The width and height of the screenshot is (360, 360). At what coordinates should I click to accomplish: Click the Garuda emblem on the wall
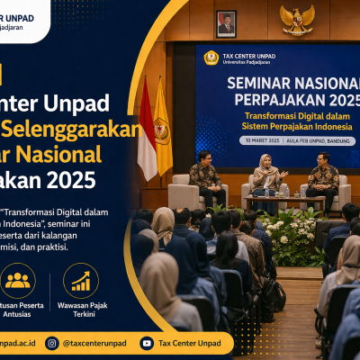(x=296, y=19)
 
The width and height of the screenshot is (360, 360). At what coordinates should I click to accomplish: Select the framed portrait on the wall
(x=226, y=22)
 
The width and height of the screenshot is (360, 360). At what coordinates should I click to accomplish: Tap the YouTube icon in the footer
(x=147, y=343)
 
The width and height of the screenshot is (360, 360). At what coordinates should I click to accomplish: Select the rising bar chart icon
(x=81, y=281)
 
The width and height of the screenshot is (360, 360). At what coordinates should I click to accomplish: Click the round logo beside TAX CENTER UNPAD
(x=211, y=58)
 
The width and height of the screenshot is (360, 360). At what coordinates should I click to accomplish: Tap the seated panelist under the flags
(x=206, y=175)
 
